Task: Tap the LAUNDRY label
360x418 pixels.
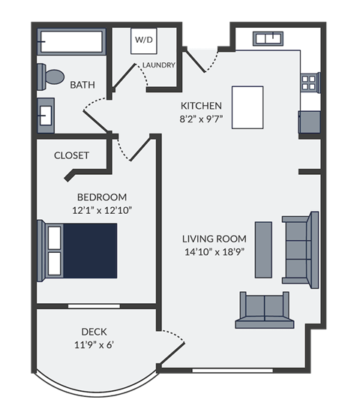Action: coord(158,65)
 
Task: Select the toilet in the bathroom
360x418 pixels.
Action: coord(51,77)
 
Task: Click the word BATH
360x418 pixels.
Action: coord(82,85)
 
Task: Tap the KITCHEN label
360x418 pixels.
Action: coord(200,105)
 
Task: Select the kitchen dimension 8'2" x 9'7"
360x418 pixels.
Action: coord(200,119)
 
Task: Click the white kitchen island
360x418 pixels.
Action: coord(247,106)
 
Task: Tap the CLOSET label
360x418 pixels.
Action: coord(71,155)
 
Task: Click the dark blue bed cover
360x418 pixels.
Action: coord(90,251)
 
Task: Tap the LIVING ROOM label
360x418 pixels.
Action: coord(214,239)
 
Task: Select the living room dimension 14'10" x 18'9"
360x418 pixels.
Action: coord(214,252)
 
